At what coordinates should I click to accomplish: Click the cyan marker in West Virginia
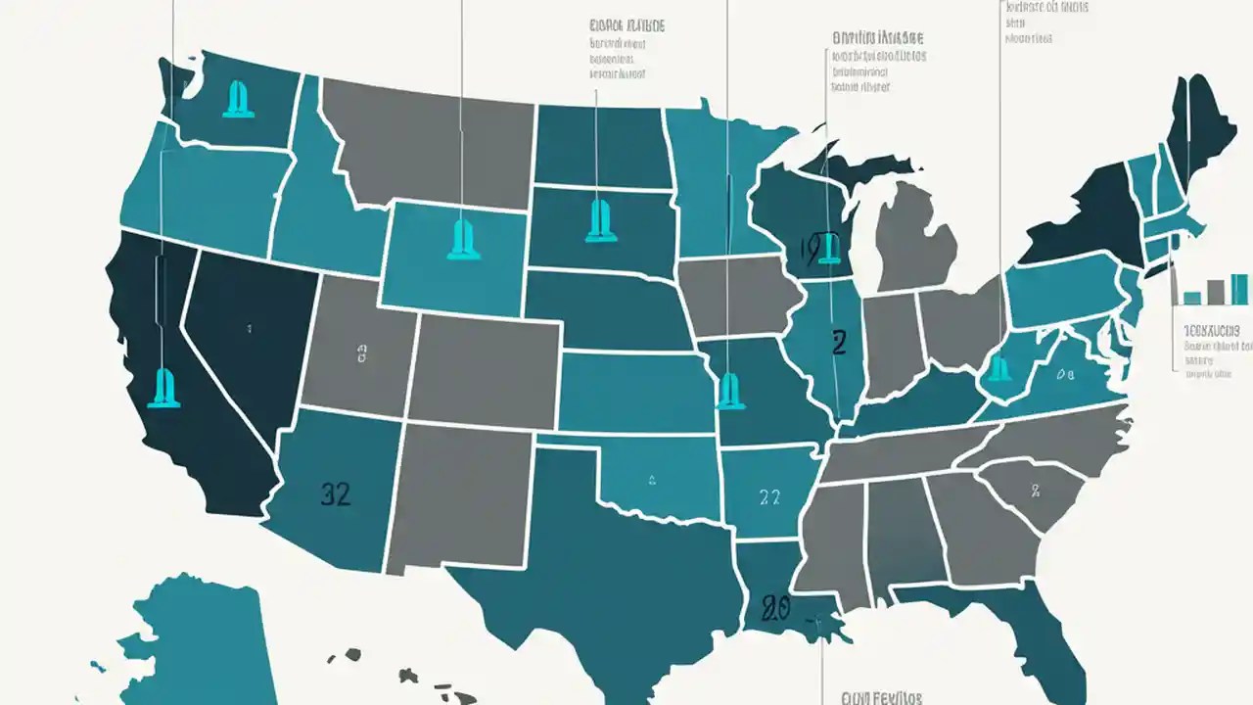click(998, 368)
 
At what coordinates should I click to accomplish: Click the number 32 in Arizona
click(336, 494)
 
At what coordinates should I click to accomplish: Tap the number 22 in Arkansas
click(769, 497)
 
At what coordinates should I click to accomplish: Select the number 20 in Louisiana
click(774, 609)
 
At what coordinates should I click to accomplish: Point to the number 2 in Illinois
click(838, 343)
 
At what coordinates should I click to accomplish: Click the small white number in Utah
click(362, 354)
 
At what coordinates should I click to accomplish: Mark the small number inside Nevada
click(250, 330)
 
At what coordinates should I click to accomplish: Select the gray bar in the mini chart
click(1216, 292)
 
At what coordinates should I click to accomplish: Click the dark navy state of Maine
click(1196, 127)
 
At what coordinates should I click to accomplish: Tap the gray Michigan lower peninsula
click(915, 235)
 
